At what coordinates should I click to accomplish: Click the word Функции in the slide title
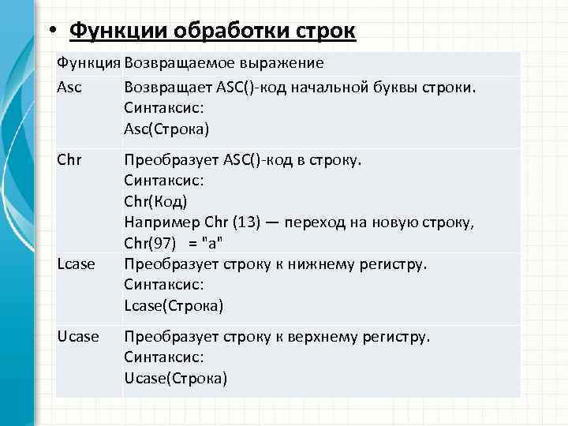pyautogui.click(x=111, y=31)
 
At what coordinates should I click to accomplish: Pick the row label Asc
pyautogui.click(x=69, y=86)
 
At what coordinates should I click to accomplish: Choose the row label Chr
pyautogui.click(x=69, y=160)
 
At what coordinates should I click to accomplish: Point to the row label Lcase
pyautogui.click(x=77, y=263)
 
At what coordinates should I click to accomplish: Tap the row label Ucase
pyautogui.click(x=78, y=337)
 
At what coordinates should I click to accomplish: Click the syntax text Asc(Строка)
pyautogui.click(x=166, y=129)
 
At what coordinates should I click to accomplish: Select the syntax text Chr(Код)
pyautogui.click(x=155, y=202)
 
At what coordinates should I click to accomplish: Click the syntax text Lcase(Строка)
pyautogui.click(x=174, y=305)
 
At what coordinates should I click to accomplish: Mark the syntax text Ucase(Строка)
pyautogui.click(x=175, y=379)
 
